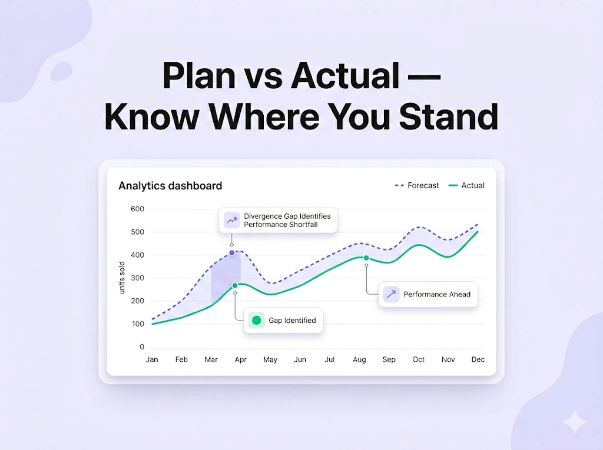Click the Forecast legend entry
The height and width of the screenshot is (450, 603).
tap(416, 186)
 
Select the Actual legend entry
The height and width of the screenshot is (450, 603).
tap(466, 186)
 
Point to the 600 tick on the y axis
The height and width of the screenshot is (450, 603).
tap(137, 209)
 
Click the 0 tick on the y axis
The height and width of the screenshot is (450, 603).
tap(142, 347)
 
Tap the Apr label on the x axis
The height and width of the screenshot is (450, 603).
tap(241, 359)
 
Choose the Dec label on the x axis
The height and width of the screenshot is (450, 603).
tap(478, 359)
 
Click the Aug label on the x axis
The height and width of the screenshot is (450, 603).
tap(359, 359)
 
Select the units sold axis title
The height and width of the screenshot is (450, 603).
tap(122, 278)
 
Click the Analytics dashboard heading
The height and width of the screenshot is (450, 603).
tap(170, 186)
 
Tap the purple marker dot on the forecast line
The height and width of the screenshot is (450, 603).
tap(232, 253)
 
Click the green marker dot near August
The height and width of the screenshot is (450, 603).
tap(366, 258)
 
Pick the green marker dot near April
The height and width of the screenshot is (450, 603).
tap(235, 285)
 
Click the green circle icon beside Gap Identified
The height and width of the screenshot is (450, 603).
tap(257, 320)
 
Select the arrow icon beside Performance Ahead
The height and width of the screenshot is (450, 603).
tap(391, 294)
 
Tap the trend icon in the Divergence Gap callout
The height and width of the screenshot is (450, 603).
tap(232, 220)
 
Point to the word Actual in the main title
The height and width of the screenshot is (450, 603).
tap(345, 75)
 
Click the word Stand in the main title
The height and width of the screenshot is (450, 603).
tap(449, 116)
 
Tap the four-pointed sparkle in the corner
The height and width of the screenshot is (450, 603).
tap(575, 422)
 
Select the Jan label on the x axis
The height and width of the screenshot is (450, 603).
tap(152, 359)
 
